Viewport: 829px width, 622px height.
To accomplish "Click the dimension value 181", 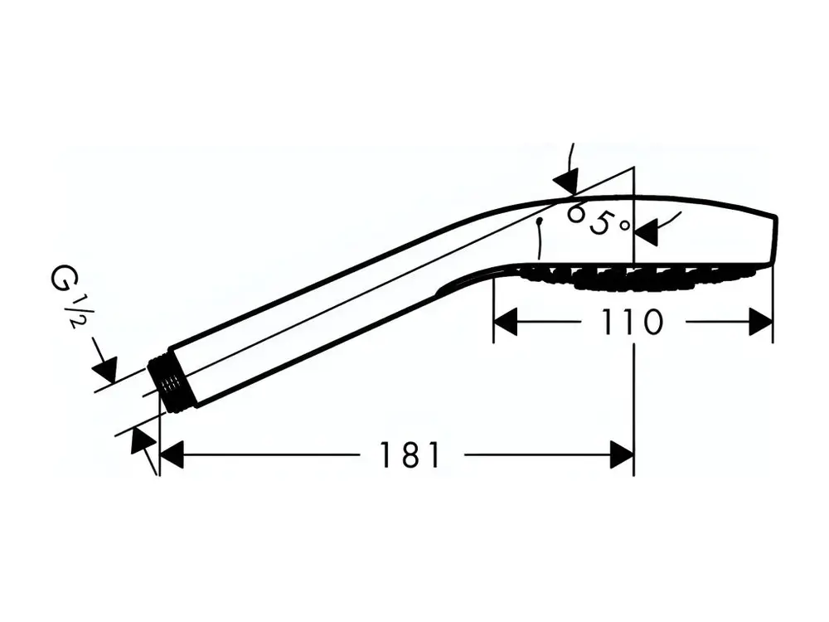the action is (x=410, y=454).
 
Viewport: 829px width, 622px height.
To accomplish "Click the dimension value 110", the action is (x=633, y=322).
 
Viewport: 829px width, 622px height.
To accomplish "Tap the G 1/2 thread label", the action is (x=69, y=296).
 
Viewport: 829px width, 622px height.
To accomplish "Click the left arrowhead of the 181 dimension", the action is (x=172, y=454).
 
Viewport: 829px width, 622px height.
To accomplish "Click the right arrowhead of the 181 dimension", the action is (x=622, y=454).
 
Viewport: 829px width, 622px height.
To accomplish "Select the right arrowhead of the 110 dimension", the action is (x=761, y=322).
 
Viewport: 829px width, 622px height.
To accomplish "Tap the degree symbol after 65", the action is (x=625, y=226).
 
